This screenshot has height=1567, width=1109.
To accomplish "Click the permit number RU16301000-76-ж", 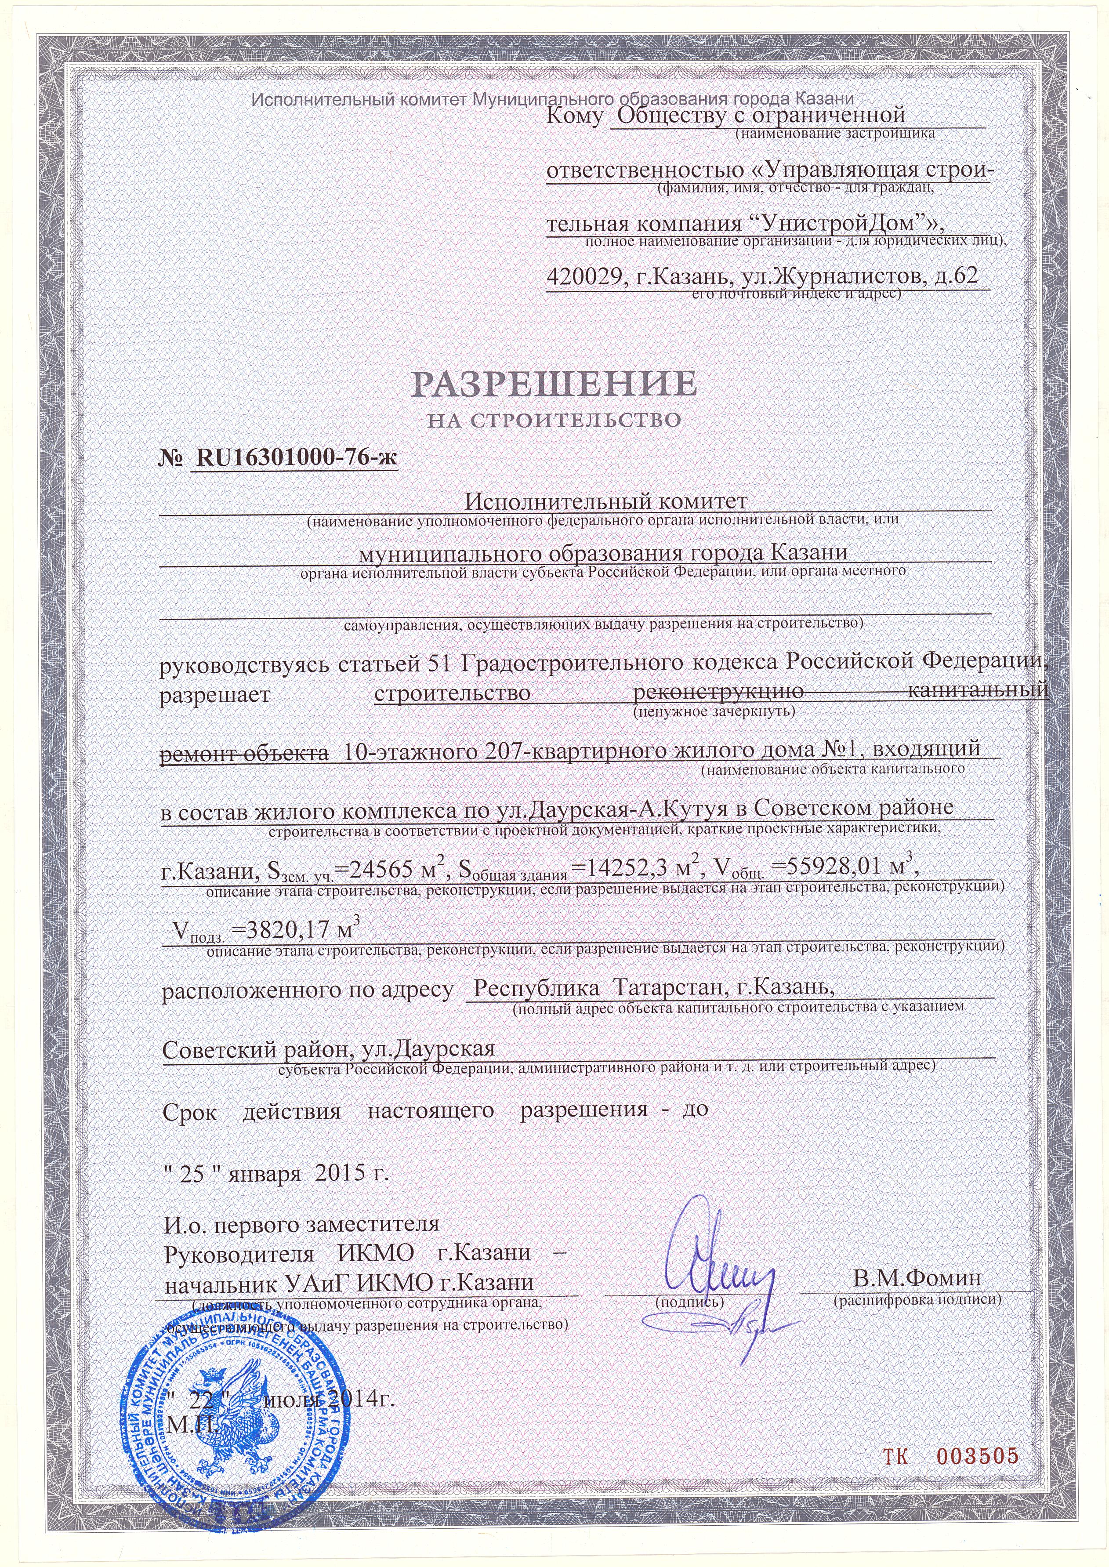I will pos(296,458).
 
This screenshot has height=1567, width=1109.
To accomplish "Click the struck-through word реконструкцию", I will pos(717,692).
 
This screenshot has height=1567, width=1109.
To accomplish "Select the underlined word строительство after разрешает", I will pos(453,692).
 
